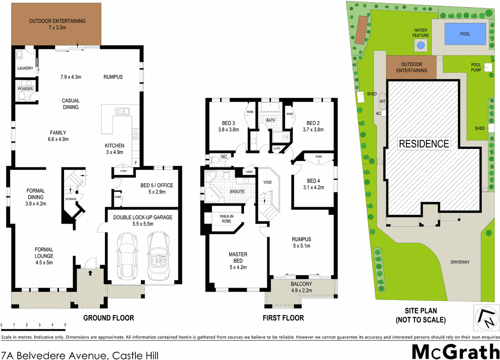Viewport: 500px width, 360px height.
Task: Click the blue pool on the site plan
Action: click(465, 34)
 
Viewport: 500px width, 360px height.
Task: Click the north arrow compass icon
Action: click(485, 317)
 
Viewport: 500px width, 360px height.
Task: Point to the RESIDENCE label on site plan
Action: click(423, 144)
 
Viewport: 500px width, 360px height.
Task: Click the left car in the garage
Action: click(125, 254)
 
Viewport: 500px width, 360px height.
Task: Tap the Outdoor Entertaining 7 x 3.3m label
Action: click(57, 24)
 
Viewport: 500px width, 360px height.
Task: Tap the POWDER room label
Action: click(25, 89)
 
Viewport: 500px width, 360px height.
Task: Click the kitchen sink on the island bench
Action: click(122, 111)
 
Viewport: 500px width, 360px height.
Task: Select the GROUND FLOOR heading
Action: click(108, 318)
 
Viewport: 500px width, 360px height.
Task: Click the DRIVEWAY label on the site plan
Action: click(460, 261)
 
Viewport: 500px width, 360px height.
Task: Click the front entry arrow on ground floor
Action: click(90, 272)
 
